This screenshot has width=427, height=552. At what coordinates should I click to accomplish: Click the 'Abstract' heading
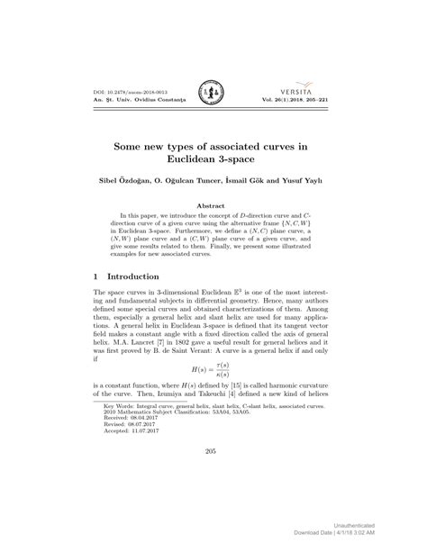213,205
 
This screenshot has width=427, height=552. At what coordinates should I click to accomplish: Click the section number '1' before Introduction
96,276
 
